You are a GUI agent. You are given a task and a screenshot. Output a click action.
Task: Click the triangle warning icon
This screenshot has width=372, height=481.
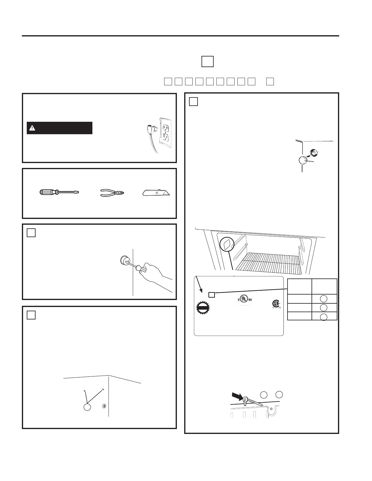tap(32, 128)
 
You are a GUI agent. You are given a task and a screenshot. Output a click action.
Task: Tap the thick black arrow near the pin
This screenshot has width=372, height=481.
tap(237, 396)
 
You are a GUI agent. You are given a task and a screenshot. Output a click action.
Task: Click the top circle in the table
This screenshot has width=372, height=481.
tap(324, 299)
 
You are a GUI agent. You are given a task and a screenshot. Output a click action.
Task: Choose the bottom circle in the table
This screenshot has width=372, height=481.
tap(324, 317)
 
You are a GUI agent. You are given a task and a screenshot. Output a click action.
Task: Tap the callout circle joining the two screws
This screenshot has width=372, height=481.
tap(87, 407)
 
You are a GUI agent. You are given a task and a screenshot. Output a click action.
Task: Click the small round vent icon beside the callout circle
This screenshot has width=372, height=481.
tap(104, 406)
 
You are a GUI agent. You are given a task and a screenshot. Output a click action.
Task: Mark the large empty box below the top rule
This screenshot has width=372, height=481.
tap(207, 61)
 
